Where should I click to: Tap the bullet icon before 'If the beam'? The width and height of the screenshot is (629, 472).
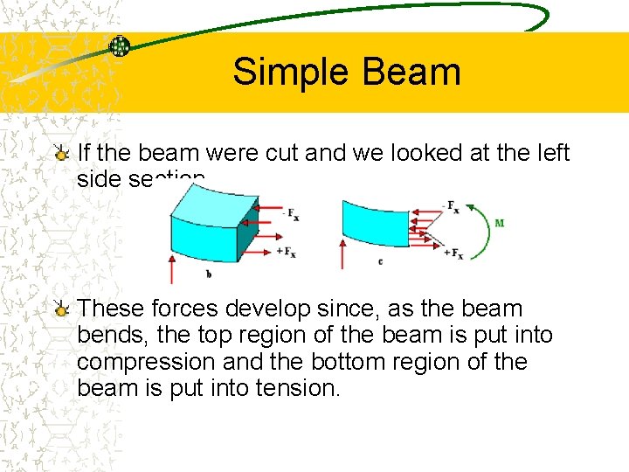(x=60, y=155)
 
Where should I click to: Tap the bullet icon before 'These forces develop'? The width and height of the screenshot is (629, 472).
(x=60, y=309)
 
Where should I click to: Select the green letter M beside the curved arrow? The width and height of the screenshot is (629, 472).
(x=499, y=223)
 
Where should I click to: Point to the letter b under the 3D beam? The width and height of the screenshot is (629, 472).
(x=209, y=274)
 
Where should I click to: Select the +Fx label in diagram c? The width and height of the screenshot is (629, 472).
(x=453, y=253)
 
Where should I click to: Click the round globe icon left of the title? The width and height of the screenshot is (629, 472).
(x=119, y=47)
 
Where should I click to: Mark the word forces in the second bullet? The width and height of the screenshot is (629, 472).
(x=185, y=309)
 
